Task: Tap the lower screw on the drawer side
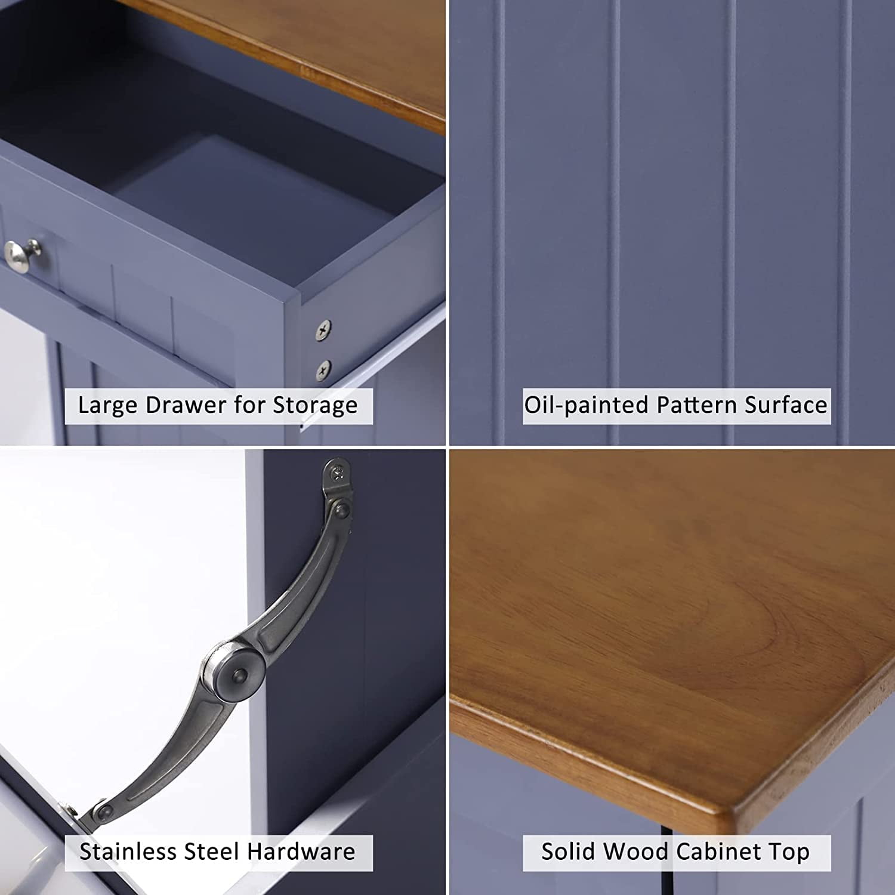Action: click(323, 369)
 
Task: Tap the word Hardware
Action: click(301, 851)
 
